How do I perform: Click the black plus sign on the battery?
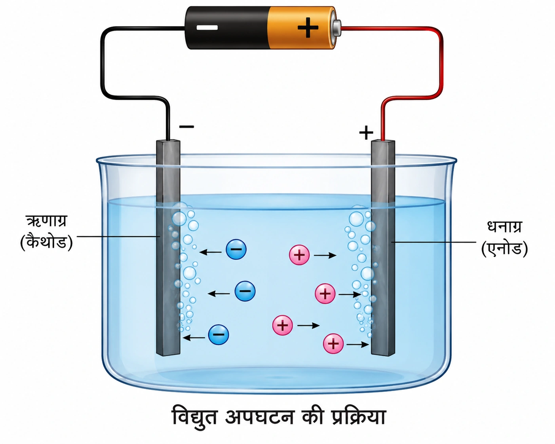pyautogui.click(x=308, y=28)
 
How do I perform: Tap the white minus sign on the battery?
pyautogui.click(x=207, y=27)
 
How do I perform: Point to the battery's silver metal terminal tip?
pyautogui.click(x=337, y=27)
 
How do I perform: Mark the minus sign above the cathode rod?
pyautogui.click(x=186, y=126)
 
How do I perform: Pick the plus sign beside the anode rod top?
pyautogui.click(x=366, y=133)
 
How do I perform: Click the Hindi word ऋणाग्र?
pyautogui.click(x=46, y=221)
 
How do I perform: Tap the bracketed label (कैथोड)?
pyautogui.click(x=46, y=242)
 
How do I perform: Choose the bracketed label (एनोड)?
pyautogui.click(x=504, y=249)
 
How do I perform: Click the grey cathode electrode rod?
pyautogui.click(x=168, y=248)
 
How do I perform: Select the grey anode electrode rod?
pyautogui.click(x=383, y=248)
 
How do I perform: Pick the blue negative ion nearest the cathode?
pyautogui.click(x=219, y=335)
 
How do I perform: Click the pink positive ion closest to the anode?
pyautogui.click(x=333, y=343)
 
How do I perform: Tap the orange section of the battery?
pyautogui.click(x=301, y=28)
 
